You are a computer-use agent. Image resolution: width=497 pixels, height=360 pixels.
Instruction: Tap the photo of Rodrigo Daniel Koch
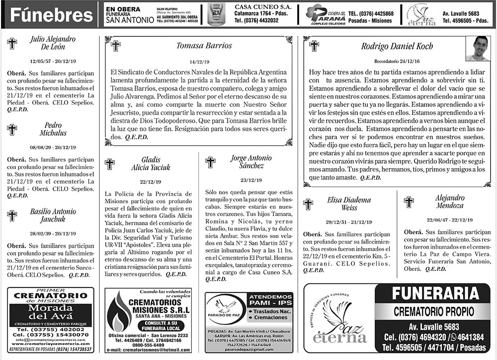tap(478, 48)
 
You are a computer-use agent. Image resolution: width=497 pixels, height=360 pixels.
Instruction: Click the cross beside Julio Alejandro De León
tap(12, 43)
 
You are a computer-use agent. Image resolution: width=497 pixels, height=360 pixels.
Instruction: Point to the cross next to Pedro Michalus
tap(12, 130)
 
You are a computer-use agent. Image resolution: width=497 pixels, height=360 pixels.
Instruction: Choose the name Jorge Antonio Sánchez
tap(251, 162)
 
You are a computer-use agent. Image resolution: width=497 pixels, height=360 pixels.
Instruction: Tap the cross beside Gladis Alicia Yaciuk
tap(110, 164)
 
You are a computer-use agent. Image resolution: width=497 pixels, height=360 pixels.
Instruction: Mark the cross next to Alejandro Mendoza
tap(409, 202)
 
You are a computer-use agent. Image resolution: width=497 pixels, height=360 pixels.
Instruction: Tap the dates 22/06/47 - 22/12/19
tap(449, 219)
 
